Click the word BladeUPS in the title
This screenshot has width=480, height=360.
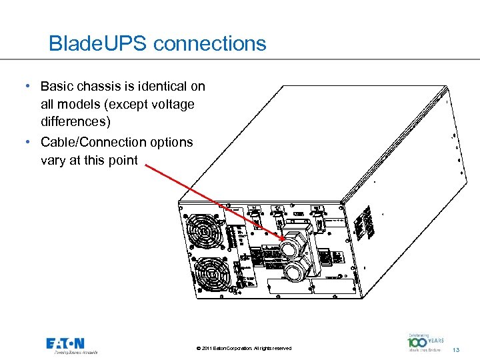[98, 44]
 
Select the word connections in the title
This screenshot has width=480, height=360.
[210, 44]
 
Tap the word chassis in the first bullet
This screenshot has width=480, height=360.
[97, 87]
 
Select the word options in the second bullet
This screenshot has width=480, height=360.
[173, 142]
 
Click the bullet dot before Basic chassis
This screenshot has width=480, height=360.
[25, 87]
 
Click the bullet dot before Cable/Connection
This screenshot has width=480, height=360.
[25, 142]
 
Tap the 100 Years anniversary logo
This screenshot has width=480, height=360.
[425, 343]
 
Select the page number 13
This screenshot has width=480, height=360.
[456, 350]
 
